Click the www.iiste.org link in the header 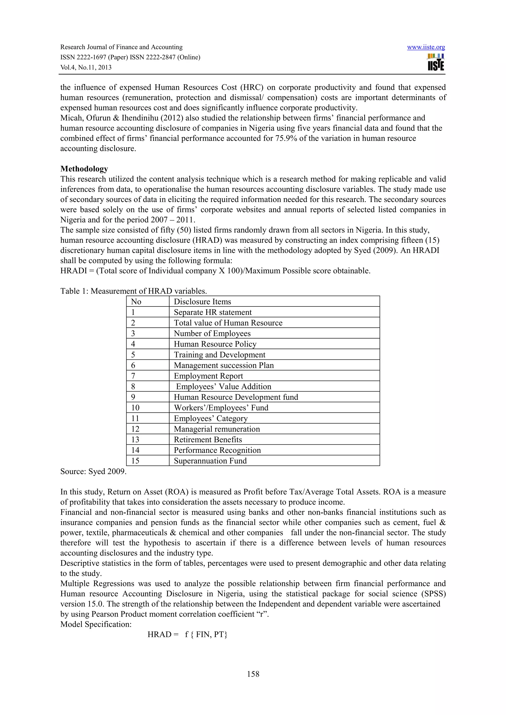[x=426, y=47]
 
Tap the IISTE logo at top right [x=436, y=62]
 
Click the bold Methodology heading [x=84, y=169]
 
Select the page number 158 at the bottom [x=253, y=674]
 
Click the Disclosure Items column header [x=202, y=301]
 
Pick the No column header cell [x=136, y=301]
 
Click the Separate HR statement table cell [x=213, y=312]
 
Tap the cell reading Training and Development [x=219, y=355]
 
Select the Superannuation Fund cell [x=210, y=461]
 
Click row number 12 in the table [x=135, y=429]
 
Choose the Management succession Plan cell [x=224, y=365]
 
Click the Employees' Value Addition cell [x=224, y=386]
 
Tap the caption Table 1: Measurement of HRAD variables [x=133, y=291]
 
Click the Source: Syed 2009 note [x=93, y=471]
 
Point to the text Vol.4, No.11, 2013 [x=86, y=68]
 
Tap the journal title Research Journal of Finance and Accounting [x=121, y=47]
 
